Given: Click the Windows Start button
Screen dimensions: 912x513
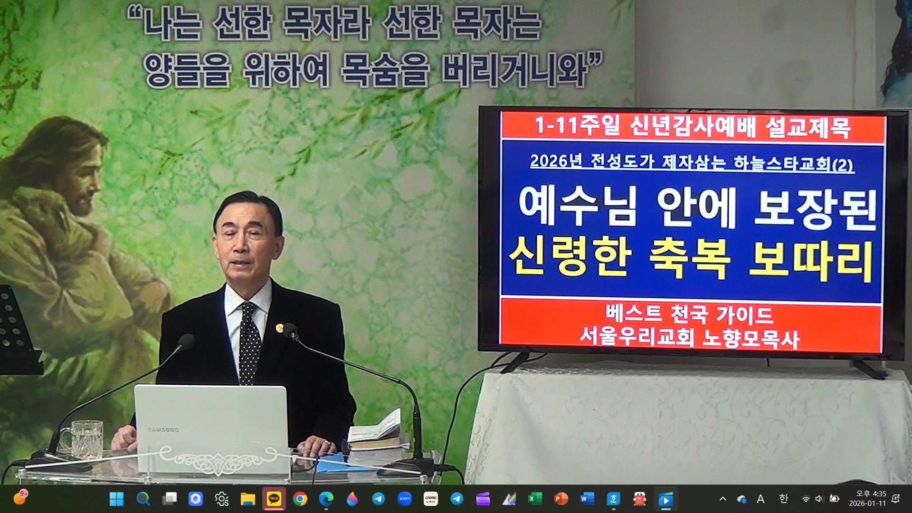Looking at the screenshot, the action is [116, 499].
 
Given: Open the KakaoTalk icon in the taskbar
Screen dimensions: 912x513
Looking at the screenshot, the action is [274, 499].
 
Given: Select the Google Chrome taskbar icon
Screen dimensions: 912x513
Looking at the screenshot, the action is [300, 499].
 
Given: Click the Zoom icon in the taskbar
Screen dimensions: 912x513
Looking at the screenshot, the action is [404, 499].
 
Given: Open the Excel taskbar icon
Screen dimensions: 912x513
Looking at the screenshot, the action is [535, 499].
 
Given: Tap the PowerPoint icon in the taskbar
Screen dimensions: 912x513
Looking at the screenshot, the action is [561, 499].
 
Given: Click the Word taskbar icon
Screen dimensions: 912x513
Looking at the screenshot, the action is [587, 499].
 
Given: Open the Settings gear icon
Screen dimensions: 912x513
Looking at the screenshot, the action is [221, 499].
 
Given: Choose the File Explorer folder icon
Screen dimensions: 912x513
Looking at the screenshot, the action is [247, 499].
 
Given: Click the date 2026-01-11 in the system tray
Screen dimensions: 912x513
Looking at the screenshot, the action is [867, 503].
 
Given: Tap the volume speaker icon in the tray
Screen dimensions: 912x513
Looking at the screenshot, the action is [819, 499].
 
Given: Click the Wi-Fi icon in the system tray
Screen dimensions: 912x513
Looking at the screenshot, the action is [806, 499].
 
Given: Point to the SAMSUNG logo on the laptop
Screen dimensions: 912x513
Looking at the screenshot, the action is [163, 430].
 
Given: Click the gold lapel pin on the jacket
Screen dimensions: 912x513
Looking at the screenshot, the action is [280, 328].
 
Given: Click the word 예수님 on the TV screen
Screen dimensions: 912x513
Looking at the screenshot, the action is [577, 206].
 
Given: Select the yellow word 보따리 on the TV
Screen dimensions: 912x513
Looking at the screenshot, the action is [811, 261].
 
